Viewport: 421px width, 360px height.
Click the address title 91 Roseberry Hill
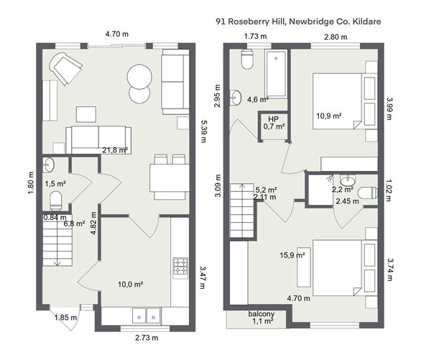click(250, 22)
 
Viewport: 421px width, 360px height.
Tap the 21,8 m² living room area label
click(115, 150)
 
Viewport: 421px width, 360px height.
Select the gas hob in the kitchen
click(180, 266)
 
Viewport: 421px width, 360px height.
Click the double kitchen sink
click(147, 315)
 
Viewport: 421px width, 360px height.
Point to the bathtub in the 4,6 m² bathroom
click(276, 73)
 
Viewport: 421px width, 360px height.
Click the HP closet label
click(274, 119)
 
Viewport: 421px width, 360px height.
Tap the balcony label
click(262, 313)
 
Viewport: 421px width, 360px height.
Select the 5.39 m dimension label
click(205, 131)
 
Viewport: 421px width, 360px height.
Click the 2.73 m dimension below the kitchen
click(147, 338)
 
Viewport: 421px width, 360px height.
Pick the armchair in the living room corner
click(66, 68)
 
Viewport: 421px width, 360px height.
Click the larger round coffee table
click(139, 76)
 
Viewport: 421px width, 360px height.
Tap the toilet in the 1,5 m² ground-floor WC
click(56, 200)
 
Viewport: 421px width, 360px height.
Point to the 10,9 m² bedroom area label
click(329, 116)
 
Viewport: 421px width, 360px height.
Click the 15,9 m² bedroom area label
click(292, 255)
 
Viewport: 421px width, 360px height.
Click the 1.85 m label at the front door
click(66, 318)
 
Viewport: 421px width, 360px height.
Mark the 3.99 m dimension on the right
click(389, 109)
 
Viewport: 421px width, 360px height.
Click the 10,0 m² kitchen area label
click(131, 284)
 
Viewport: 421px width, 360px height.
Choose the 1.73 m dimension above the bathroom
click(256, 36)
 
